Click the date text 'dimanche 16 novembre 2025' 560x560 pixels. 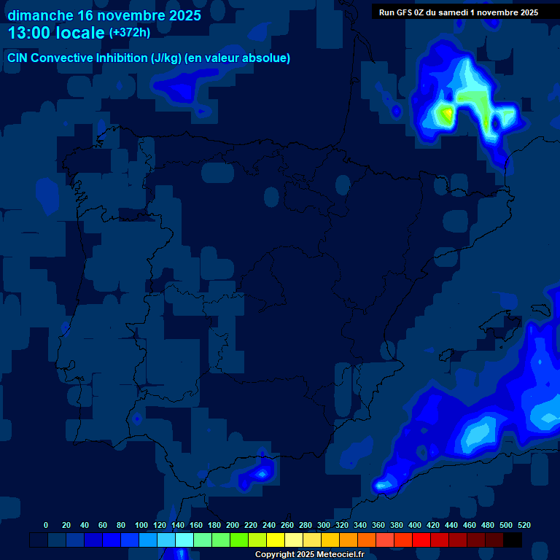[x=104, y=15]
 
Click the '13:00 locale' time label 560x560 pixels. [x=57, y=34]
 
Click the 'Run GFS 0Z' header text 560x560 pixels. [x=407, y=12]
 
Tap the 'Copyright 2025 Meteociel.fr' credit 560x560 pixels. [x=309, y=555]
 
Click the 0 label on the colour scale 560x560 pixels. [x=46, y=525]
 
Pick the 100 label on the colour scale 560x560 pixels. [x=141, y=525]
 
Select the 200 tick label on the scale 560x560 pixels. [x=233, y=525]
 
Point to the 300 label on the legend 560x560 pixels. [x=324, y=525]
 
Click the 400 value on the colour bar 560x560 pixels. [x=415, y=525]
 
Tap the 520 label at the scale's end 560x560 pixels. [x=524, y=525]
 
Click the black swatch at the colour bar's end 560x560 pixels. [x=513, y=540]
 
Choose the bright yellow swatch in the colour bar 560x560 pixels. [x=276, y=540]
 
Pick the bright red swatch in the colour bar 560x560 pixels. [x=421, y=540]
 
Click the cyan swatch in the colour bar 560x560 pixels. [x=184, y=540]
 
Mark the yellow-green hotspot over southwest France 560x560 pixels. [x=444, y=113]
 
